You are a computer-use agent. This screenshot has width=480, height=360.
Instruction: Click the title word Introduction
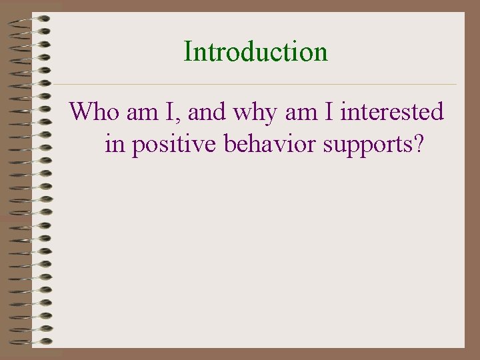point(256,51)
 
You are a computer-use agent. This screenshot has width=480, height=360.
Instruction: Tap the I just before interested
point(329,111)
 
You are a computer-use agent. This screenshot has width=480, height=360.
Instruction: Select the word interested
point(392,111)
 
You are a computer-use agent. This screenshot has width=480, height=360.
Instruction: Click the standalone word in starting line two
point(115,143)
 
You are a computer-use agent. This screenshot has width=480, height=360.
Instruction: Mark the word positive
point(175,145)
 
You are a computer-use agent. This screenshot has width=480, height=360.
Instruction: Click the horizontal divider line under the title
point(253,85)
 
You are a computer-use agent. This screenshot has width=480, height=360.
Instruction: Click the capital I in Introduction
point(188,51)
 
